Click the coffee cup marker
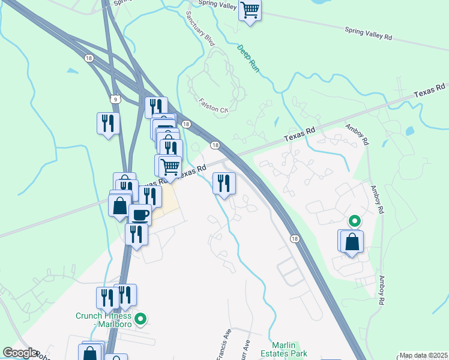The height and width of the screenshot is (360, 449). pyautogui.click(x=140, y=214)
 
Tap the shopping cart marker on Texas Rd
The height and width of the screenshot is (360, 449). pyautogui.click(x=170, y=166)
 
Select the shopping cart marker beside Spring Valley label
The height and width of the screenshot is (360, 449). pyautogui.click(x=250, y=10)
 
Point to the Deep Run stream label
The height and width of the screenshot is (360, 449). pyautogui.click(x=248, y=59)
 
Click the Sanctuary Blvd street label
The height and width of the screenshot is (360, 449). pyautogui.click(x=200, y=28)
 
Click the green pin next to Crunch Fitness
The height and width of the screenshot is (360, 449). pyautogui.click(x=140, y=319)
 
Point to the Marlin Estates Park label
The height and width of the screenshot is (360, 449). pyautogui.click(x=289, y=349)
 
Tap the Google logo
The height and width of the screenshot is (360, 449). pyautogui.click(x=20, y=353)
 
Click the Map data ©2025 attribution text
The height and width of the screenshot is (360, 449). pyautogui.click(x=423, y=355)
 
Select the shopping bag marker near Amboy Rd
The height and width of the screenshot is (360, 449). pyautogui.click(x=352, y=241)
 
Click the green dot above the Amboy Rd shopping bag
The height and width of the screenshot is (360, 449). pyautogui.click(x=354, y=221)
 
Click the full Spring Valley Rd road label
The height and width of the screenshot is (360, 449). pyautogui.click(x=368, y=32)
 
